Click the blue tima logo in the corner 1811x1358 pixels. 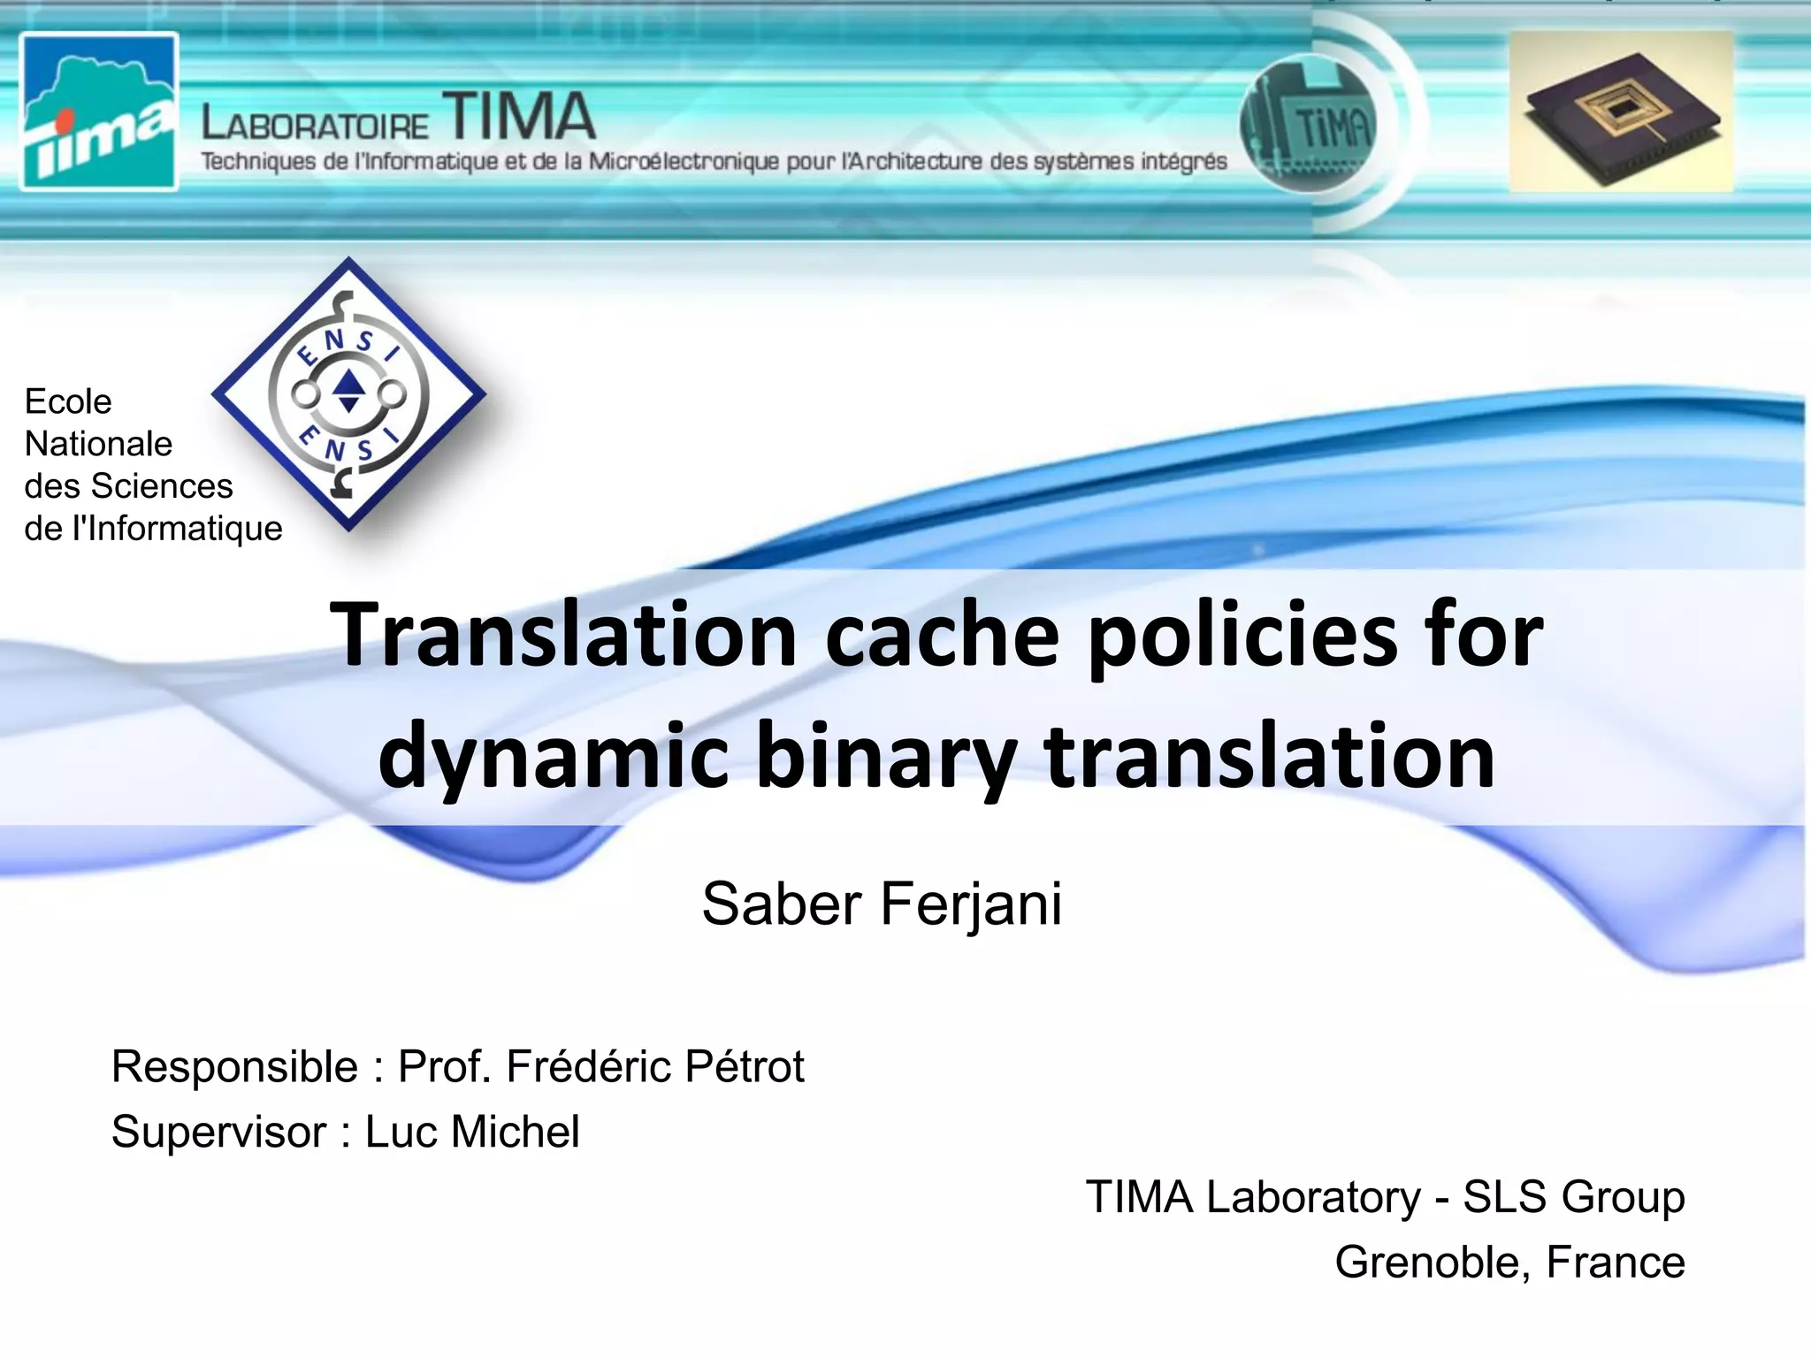click(x=98, y=111)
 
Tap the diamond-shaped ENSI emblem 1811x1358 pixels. click(x=348, y=394)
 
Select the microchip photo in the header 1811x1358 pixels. click(x=1621, y=111)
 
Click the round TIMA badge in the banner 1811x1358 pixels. click(x=1309, y=126)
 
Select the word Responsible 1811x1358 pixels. click(x=234, y=1066)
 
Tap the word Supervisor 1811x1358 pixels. click(x=218, y=1132)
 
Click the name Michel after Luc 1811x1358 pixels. click(x=515, y=1132)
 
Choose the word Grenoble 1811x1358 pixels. click(x=1432, y=1262)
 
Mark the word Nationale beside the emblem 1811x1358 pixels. click(x=98, y=444)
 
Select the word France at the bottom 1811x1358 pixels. click(x=1616, y=1262)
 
